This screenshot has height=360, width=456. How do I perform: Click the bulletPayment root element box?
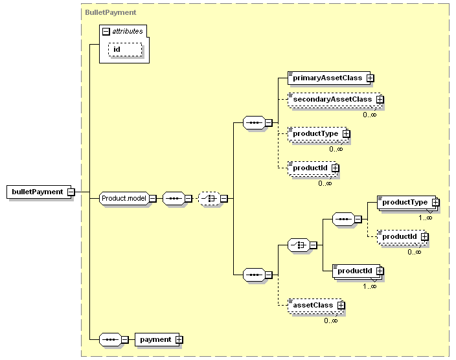click(x=39, y=192)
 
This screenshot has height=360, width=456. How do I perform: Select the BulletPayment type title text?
click(x=111, y=12)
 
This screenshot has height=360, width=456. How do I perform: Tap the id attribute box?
click(x=126, y=49)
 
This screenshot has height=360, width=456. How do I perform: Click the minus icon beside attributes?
click(x=106, y=32)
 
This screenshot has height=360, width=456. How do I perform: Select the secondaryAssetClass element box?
click(x=334, y=100)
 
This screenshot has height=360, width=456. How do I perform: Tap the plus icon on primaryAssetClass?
click(x=370, y=78)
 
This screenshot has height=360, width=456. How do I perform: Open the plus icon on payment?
click(x=179, y=340)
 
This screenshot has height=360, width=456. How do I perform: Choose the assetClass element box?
click(x=315, y=306)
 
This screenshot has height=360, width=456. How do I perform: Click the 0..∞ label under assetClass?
click(x=331, y=321)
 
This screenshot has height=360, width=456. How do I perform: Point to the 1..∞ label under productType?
click(x=425, y=218)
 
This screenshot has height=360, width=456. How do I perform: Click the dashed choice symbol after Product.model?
click(x=209, y=199)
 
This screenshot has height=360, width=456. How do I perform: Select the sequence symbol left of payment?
click(x=110, y=339)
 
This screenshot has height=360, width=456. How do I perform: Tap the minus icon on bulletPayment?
click(x=71, y=192)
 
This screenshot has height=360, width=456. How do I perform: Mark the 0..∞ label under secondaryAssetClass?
click(x=370, y=115)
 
